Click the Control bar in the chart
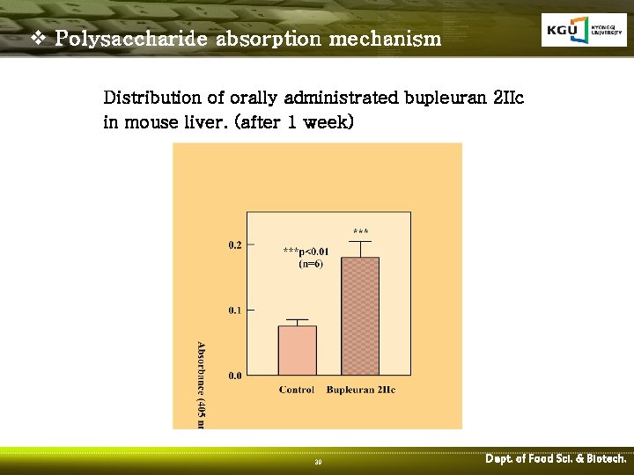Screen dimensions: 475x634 297,350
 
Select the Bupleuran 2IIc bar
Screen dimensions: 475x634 360,316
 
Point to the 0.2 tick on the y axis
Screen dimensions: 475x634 235,245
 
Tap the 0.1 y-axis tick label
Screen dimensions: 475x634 235,310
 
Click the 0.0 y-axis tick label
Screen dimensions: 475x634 235,376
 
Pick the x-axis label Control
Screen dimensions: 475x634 297,390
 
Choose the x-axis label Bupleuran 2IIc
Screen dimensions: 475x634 360,390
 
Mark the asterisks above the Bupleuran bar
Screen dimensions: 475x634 360,232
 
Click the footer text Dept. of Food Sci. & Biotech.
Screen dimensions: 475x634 556,459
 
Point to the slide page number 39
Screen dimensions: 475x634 318,462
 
